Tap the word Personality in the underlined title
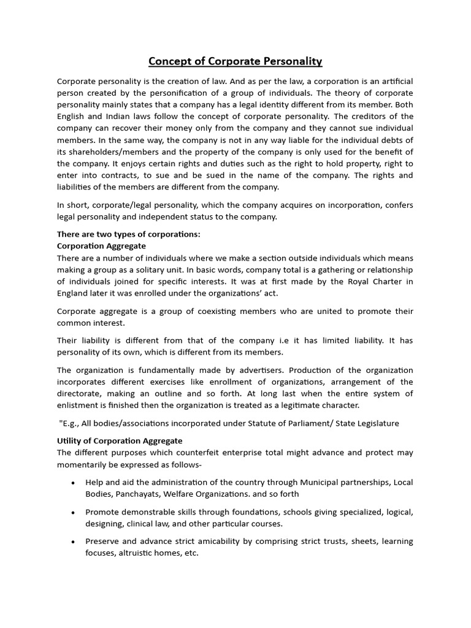coord(292,61)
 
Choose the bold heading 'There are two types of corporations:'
coord(129,234)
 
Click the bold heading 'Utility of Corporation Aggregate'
coord(120,441)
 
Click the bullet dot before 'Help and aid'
coord(73,483)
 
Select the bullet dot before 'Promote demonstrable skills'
coord(73,512)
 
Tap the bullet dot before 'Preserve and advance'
coord(73,542)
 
